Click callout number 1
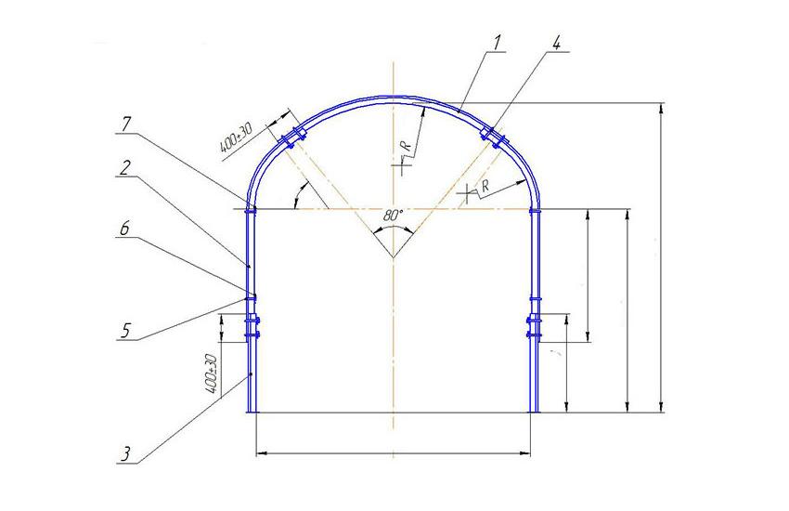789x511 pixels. pyautogui.click(x=498, y=44)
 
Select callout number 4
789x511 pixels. pyautogui.click(x=555, y=44)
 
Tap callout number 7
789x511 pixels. pyautogui.click(x=126, y=124)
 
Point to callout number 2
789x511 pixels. pyautogui.click(x=125, y=167)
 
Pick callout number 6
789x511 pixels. pyautogui.click(x=124, y=228)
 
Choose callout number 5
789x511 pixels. pyautogui.click(x=125, y=331)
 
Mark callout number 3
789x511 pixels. pyautogui.click(x=125, y=454)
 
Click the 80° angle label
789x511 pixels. pyautogui.click(x=393, y=216)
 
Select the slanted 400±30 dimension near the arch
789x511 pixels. pyautogui.click(x=236, y=138)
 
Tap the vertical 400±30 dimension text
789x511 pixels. pyautogui.click(x=212, y=373)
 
